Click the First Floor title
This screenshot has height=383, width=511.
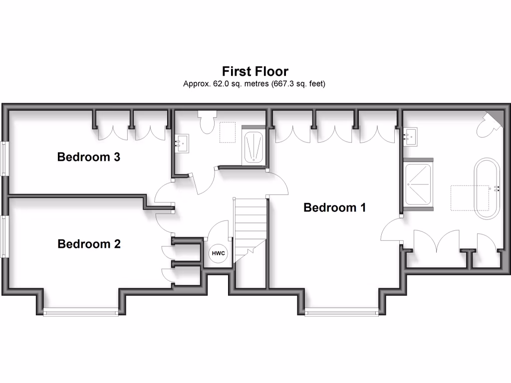[255, 71]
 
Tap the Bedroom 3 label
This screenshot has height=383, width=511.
[89, 157]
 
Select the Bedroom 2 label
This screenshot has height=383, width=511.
[89, 244]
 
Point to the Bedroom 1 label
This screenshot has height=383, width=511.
[334, 207]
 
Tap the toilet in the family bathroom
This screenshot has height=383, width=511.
[206, 121]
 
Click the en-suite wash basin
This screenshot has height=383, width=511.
[412, 136]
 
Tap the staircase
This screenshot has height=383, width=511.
[251, 224]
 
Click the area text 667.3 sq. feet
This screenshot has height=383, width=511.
[299, 84]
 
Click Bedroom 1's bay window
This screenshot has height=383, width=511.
[341, 313]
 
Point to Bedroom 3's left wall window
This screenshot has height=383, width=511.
[4, 159]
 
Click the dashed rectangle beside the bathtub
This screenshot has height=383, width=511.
[469, 197]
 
